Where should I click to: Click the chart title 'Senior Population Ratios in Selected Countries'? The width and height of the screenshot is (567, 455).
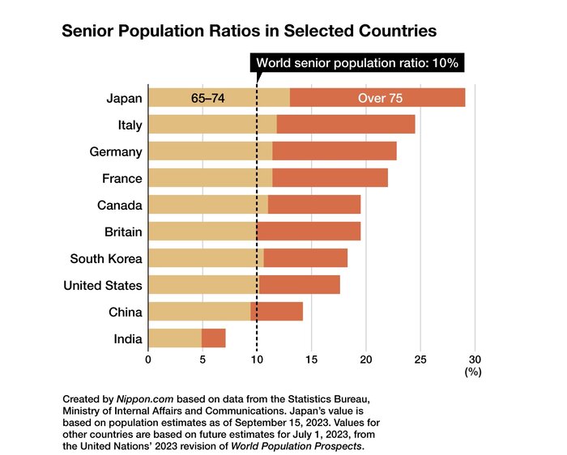coord(249,31)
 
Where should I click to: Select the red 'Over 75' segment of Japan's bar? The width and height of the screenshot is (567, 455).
coord(377,98)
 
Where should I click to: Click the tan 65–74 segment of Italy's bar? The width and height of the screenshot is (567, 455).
coord(212,125)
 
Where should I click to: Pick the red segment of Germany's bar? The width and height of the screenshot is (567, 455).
coord(335,151)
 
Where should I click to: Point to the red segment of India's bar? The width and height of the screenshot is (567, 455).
coord(214,338)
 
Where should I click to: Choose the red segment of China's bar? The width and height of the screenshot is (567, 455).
coord(276,312)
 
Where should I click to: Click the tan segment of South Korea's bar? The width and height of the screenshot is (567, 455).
coord(206,258)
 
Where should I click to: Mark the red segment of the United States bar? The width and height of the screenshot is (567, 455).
coord(299,285)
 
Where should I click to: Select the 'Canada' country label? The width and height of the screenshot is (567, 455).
coord(120,205)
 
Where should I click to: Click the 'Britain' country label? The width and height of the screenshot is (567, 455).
coord(122,232)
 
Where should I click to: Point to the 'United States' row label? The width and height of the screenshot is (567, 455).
coord(103,285)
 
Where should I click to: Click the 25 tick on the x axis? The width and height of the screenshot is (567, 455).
coord(420,359)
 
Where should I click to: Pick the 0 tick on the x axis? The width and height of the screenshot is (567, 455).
coord(148,359)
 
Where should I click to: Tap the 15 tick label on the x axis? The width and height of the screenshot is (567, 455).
coord(311,359)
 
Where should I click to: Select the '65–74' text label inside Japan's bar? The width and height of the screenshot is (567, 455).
coord(207,98)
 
